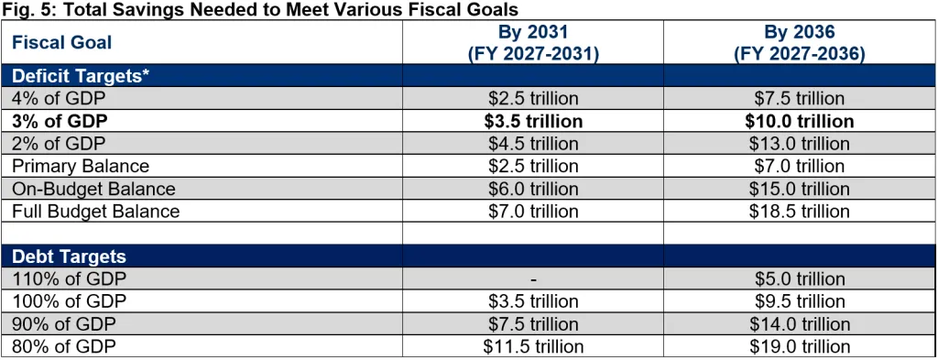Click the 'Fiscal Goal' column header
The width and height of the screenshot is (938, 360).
point(61,42)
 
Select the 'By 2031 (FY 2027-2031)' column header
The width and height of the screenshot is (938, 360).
point(533,42)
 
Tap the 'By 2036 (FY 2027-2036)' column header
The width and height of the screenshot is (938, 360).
point(800,42)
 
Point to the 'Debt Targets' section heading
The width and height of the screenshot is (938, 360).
point(69,256)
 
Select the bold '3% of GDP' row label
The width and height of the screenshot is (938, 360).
point(60,122)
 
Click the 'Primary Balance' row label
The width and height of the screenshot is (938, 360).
point(81,166)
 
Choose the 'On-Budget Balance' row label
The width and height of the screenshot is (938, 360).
point(93,189)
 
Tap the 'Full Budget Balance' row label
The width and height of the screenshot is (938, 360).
point(95,211)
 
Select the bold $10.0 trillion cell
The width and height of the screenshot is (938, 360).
point(800,122)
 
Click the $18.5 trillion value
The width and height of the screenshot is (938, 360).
point(800,211)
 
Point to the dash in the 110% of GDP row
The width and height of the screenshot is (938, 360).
point(533,279)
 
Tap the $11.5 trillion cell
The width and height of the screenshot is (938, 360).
point(533,346)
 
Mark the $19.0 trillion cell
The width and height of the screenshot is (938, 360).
point(800,346)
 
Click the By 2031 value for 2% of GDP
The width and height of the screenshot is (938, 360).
point(533,144)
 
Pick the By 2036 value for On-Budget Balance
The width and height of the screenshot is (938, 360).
point(800,189)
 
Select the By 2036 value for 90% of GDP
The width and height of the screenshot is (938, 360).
point(800,324)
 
